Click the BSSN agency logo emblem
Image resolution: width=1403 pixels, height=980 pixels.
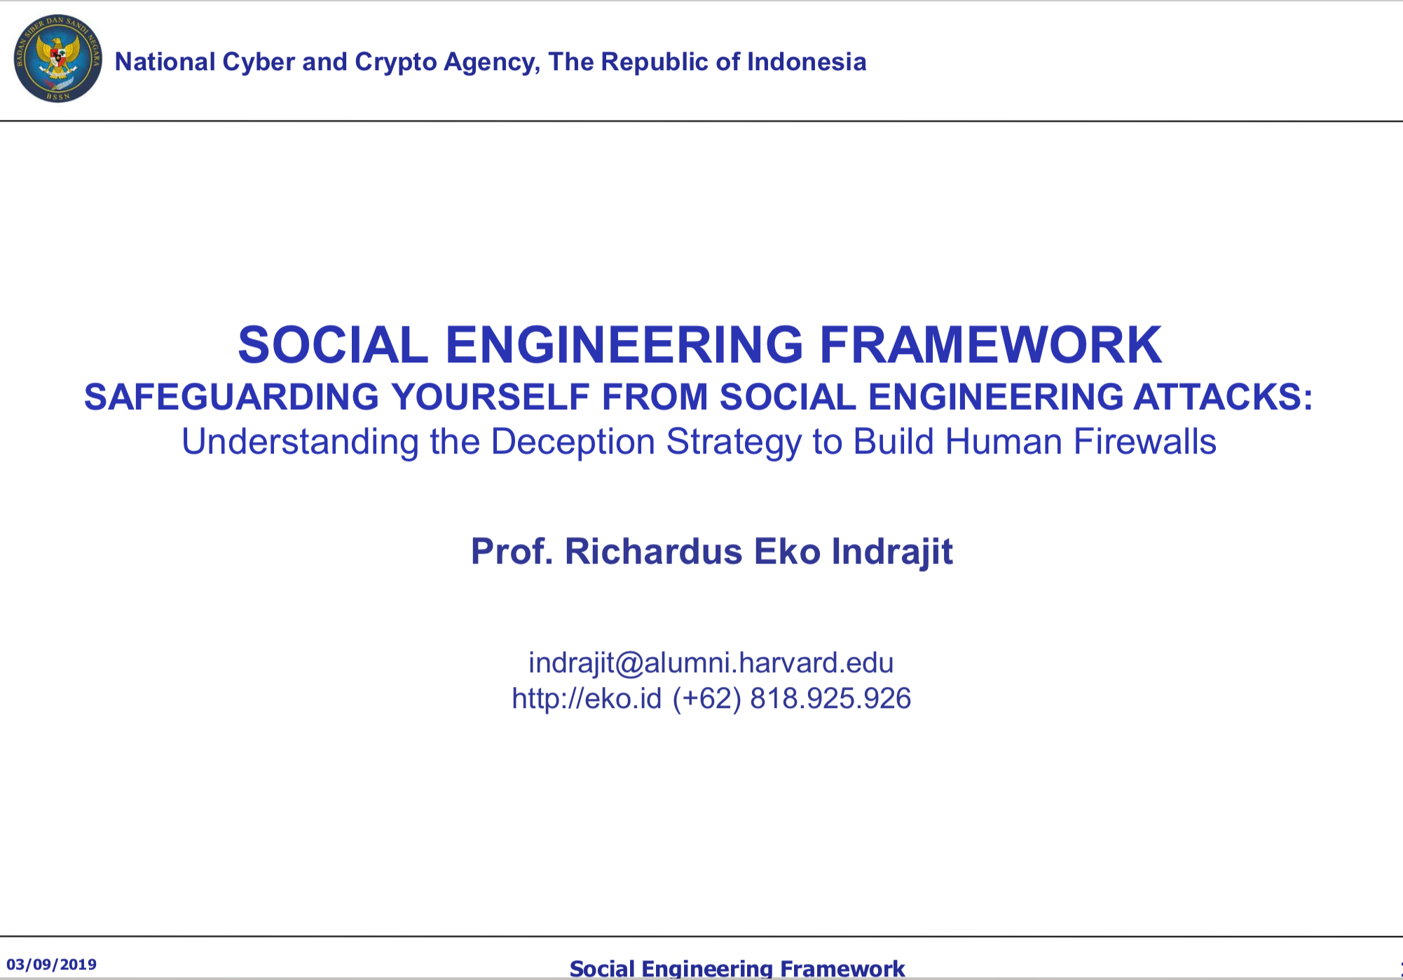[58, 57]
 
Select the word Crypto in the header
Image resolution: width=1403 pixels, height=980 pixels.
[396, 62]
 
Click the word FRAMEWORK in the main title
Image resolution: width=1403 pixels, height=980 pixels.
[990, 345]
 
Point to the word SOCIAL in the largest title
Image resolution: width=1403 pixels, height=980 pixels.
[333, 345]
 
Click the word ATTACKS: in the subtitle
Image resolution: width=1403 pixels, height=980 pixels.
[1223, 397]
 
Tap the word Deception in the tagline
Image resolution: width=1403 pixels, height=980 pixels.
[573, 442]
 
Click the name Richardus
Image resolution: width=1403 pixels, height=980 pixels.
[653, 551]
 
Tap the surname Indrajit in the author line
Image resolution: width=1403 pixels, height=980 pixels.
[892, 552]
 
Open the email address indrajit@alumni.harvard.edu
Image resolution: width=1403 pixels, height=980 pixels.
[711, 663]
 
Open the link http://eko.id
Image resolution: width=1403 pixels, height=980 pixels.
[587, 698]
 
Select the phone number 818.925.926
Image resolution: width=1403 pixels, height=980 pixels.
[830, 698]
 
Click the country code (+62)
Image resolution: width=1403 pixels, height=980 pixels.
[706, 699]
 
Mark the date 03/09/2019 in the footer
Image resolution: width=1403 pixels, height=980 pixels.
[52, 965]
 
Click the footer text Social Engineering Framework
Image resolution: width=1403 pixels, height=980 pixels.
[737, 969]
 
